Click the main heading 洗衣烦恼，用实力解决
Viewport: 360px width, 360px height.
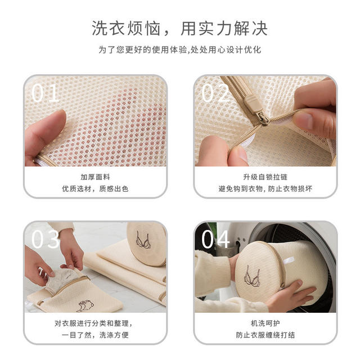coord(180,29)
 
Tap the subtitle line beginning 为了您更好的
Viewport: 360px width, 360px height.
coord(180,49)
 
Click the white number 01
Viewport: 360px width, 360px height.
coord(45,93)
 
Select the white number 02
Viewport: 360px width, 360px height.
coord(215,93)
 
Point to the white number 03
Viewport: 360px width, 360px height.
coord(46,239)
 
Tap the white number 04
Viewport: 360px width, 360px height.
coord(215,239)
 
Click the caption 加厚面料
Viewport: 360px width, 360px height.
coord(95,177)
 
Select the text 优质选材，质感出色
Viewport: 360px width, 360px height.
coord(95,189)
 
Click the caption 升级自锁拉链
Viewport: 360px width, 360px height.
coord(265,177)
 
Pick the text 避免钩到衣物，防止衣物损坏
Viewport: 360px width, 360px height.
coord(265,189)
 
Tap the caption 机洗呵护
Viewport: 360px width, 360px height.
coord(265,323)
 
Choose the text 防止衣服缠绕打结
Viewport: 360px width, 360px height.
coord(265,335)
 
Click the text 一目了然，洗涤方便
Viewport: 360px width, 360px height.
coord(95,335)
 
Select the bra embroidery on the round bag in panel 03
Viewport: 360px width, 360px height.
coord(143,240)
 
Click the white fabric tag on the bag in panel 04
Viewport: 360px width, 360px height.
coord(288,261)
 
